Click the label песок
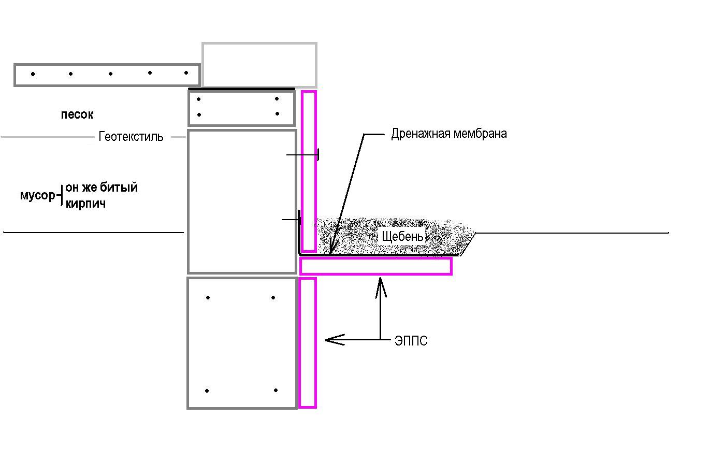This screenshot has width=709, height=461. tap(77, 114)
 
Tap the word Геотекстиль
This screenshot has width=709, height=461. tap(131, 136)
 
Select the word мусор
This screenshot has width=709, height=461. tap(38, 195)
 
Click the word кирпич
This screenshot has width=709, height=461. tap(85, 204)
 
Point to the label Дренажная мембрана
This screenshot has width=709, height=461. tap(449, 134)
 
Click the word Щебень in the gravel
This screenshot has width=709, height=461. tap(402, 236)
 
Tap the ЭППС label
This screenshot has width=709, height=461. tap(411, 341)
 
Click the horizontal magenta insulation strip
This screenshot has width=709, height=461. tap(375, 266)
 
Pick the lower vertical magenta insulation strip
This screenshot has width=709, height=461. tap(308, 343)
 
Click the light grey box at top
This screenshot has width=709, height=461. tap(259, 65)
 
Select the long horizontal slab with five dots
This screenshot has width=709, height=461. tap(107, 75)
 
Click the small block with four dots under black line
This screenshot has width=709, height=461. tap(241, 108)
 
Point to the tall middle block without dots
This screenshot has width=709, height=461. tap(242, 201)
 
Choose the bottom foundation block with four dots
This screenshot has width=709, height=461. tap(242, 343)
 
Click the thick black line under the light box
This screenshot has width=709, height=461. tap(241, 89)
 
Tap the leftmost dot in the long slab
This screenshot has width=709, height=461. tap(33, 74)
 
